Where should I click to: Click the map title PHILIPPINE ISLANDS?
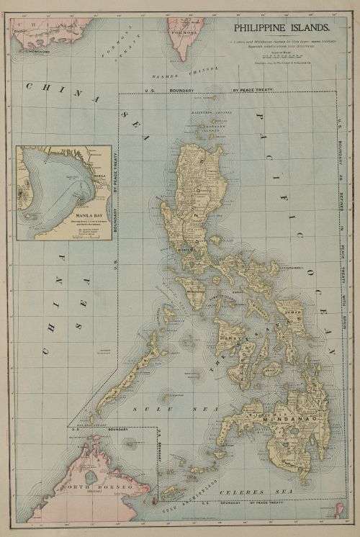click(x=280, y=28)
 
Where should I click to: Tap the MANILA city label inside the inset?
click(x=99, y=175)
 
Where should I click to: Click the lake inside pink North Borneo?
click(x=89, y=477)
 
